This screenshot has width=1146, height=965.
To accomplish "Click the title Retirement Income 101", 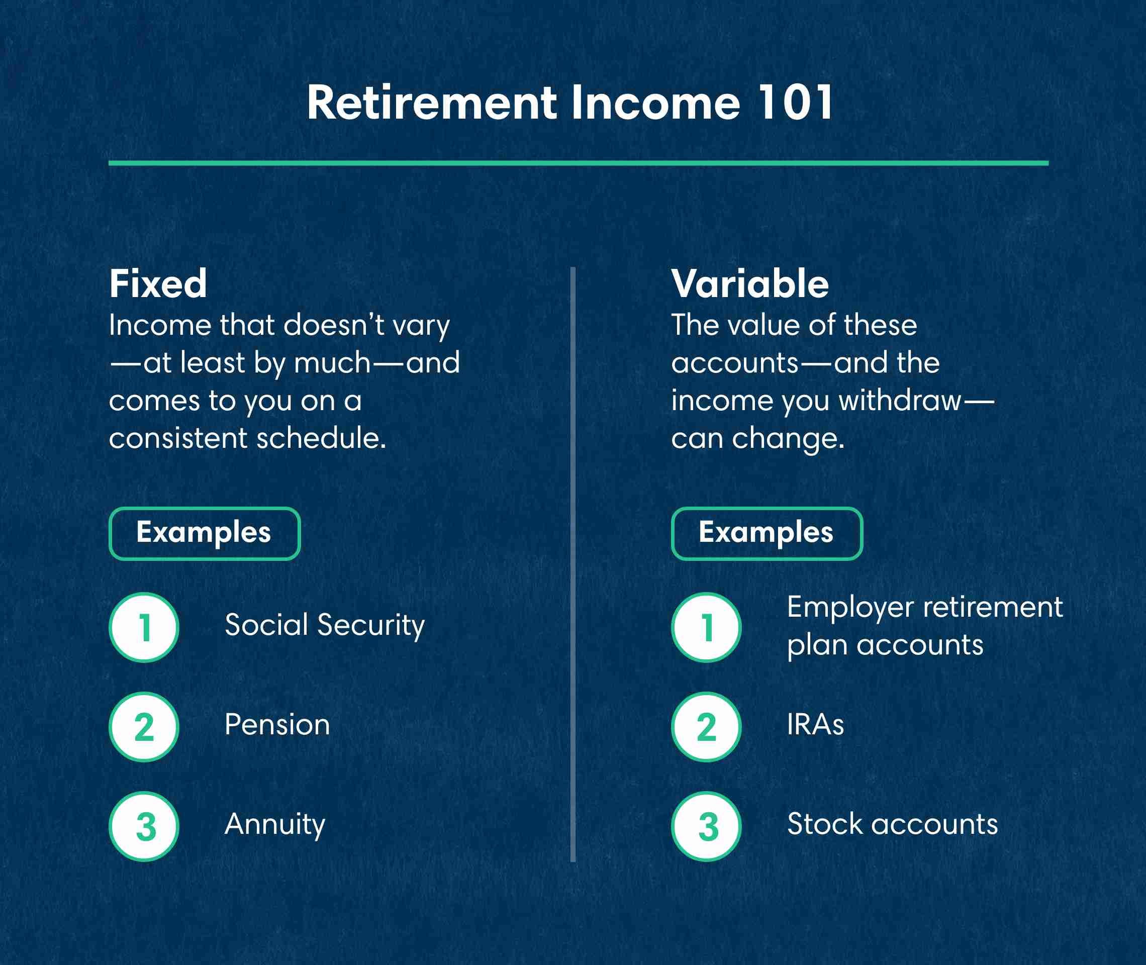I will coord(569,103).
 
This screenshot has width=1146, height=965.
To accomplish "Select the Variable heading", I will coord(750,284).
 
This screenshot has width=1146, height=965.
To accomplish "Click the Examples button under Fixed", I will coord(205,533).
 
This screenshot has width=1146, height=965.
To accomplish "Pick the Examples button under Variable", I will coord(767,533).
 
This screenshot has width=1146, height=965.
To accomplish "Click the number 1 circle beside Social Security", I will coord(144,627).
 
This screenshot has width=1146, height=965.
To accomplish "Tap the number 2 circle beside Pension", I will coord(144,727).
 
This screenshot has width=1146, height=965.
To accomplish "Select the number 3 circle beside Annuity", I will coord(144,827).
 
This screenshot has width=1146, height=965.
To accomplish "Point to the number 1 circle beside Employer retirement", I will coord(706,627).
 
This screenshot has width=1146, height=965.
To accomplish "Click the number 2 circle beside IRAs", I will coord(706,727).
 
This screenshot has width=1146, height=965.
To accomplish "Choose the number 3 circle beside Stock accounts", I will coord(706,827).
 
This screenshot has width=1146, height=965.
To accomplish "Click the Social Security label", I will coord(324,625).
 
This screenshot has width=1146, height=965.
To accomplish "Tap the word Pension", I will coord(277,725).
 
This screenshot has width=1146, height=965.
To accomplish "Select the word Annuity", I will coord(274,824).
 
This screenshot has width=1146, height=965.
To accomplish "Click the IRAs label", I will coord(815,725).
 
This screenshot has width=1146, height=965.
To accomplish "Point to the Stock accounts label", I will coord(892,824).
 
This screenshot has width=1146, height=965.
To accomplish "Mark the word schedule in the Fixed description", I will coord(321,438).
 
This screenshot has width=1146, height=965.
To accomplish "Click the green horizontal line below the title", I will coord(578,163).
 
